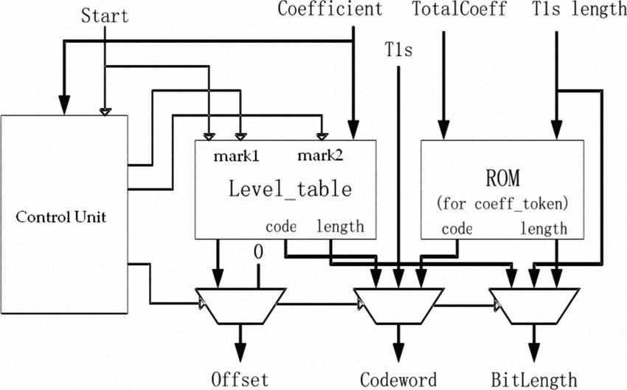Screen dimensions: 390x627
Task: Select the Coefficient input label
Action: point(330,10)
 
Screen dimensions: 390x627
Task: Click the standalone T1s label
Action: point(399,49)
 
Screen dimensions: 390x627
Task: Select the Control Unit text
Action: point(64,217)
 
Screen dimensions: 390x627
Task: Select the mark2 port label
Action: point(319,156)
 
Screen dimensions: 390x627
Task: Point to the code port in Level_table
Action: point(280,227)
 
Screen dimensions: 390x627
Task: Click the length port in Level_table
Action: point(340,227)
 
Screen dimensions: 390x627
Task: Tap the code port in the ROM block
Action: point(457,229)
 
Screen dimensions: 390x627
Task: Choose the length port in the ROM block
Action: point(544,229)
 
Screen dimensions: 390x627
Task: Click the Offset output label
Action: point(240,380)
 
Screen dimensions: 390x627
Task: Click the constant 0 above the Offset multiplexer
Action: point(258,253)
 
